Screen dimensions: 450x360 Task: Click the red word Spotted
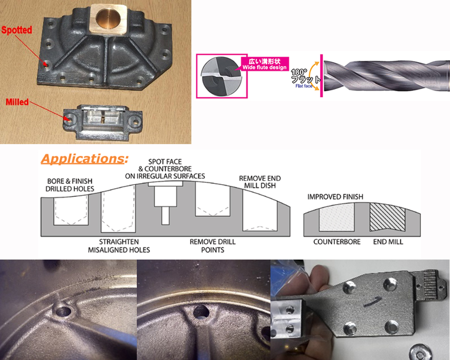point(17,30)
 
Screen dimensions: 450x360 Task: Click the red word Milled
point(17,102)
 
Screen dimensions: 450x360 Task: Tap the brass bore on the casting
point(108,18)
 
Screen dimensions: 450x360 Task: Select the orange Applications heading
point(85,159)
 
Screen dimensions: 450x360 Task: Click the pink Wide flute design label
point(265,64)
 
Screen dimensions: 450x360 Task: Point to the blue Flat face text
point(304,86)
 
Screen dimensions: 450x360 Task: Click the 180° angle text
point(299,72)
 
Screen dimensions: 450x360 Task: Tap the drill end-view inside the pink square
point(221,76)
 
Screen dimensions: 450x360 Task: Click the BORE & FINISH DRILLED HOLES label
point(70,185)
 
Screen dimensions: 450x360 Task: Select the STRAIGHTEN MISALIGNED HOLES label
point(119,246)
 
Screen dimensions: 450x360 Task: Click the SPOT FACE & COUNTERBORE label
point(165,169)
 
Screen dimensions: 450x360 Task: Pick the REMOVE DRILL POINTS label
point(212,246)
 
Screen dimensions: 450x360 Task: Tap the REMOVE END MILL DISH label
point(260,182)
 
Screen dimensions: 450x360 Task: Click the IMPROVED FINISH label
point(335,197)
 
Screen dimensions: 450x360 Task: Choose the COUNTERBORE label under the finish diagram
point(337,242)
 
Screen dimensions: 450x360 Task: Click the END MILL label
point(388,242)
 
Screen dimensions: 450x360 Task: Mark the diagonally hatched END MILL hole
point(387,216)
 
